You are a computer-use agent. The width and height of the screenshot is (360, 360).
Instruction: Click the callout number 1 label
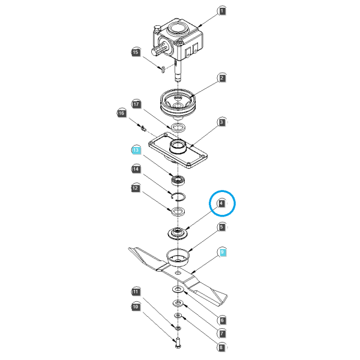[221, 11]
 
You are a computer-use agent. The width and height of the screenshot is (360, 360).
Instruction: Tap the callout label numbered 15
[136, 52]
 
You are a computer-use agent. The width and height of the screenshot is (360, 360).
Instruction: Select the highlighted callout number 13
[136, 150]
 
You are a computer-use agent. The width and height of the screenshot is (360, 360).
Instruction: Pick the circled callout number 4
[221, 203]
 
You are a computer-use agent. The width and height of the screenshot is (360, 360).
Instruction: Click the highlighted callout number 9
[222, 252]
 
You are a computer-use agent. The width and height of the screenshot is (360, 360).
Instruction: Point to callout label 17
[136, 104]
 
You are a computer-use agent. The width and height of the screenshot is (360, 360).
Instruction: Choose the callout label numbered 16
[121, 113]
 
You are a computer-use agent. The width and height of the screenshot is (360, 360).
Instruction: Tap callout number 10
[136, 307]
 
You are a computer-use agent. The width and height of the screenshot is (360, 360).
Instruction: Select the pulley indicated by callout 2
[178, 103]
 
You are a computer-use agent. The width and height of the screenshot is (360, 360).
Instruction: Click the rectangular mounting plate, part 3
[178, 151]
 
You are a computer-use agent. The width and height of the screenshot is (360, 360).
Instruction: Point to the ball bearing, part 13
[178, 179]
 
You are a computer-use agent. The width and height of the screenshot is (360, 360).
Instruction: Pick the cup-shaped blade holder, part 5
[178, 257]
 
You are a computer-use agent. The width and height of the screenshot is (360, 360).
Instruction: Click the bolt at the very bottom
[178, 343]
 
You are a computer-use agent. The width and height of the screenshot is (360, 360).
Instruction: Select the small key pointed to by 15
[163, 69]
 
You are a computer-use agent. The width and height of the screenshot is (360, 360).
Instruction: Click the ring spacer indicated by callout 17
[178, 127]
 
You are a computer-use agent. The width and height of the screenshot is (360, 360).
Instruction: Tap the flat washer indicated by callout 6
[178, 289]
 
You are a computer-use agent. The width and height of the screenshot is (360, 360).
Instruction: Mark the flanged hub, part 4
[178, 233]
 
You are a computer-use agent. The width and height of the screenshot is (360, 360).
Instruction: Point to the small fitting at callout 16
[143, 128]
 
